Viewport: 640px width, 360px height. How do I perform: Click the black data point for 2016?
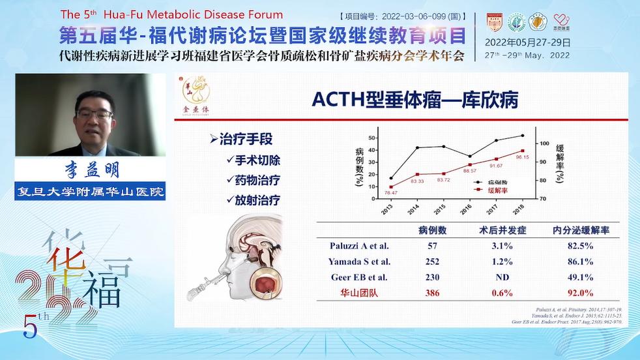tap(469, 157)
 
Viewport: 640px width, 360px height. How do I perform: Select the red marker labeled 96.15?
tap(522, 151)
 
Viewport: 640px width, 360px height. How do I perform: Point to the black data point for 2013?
tap(391, 178)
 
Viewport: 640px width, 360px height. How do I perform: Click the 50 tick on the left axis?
tap(372, 138)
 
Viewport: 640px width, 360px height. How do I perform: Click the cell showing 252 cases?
tap(431, 262)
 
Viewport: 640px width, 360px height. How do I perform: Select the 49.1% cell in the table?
tap(582, 277)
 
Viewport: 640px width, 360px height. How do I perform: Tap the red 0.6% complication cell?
tap(502, 293)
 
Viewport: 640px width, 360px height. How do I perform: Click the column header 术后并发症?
tap(502, 230)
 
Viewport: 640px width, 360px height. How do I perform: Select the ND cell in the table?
tap(502, 277)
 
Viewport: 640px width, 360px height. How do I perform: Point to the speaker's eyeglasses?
tap(94, 114)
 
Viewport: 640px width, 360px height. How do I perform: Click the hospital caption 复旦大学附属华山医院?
tap(91, 192)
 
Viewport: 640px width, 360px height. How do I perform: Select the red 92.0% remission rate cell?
tap(582, 293)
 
